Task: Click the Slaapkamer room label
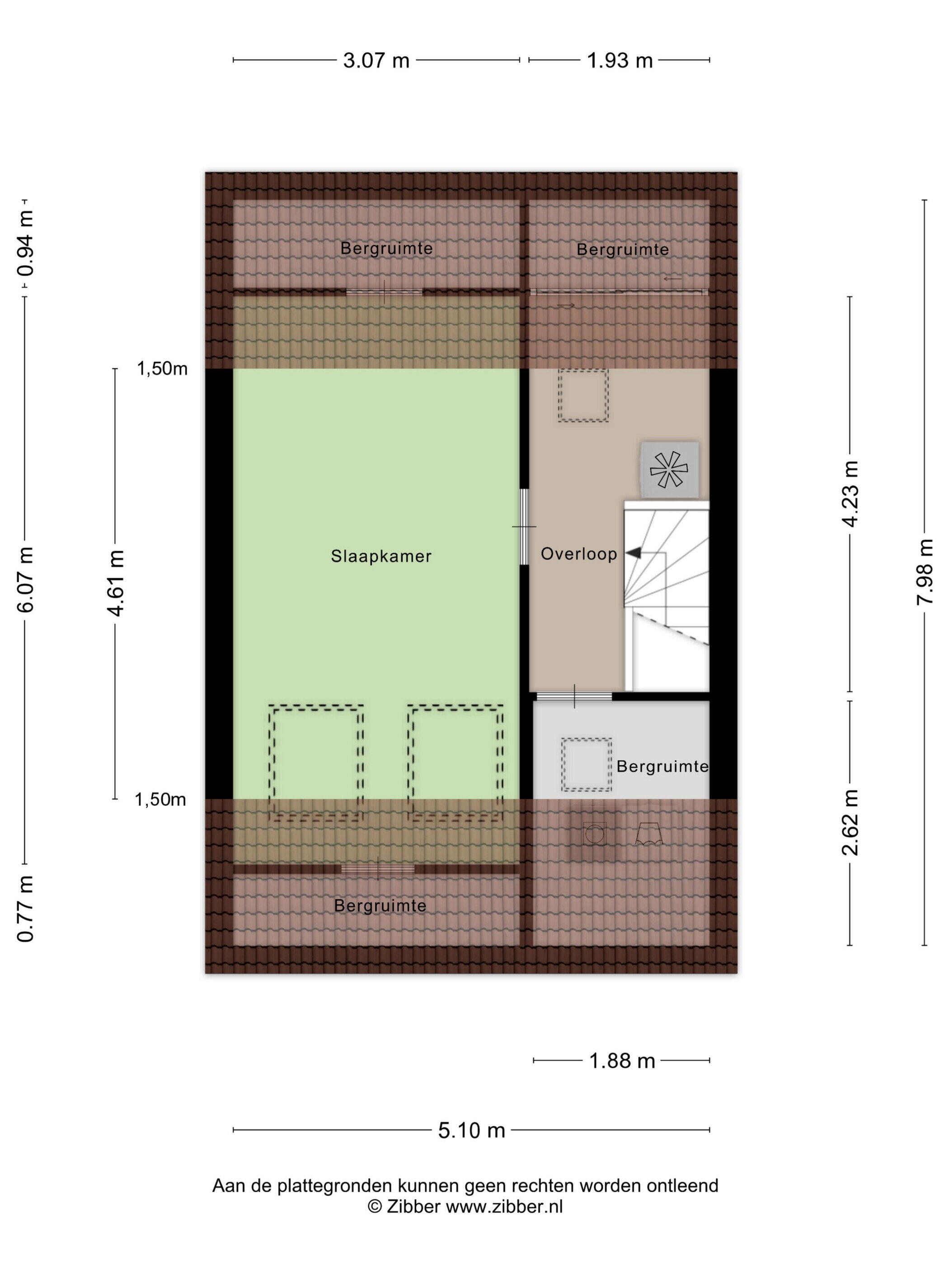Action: (x=381, y=556)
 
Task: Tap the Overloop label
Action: (x=579, y=553)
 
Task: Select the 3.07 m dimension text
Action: (x=376, y=60)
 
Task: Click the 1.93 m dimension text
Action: (x=620, y=60)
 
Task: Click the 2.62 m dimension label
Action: (x=850, y=822)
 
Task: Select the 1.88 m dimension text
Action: (x=622, y=1061)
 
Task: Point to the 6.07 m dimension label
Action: (x=26, y=579)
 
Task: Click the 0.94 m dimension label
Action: (x=26, y=243)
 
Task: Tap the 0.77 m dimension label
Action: (x=26, y=908)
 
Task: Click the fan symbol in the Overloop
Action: (x=669, y=469)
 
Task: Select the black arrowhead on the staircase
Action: (x=633, y=553)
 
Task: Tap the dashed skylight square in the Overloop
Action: (x=583, y=396)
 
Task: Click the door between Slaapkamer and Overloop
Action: (x=524, y=527)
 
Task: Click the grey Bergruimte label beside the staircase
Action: (x=662, y=766)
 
